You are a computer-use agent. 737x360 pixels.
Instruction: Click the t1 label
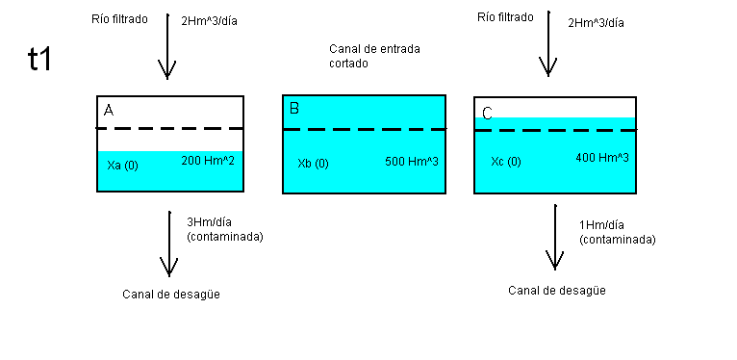click(x=39, y=59)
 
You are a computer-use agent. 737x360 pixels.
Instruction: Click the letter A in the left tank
click(x=109, y=112)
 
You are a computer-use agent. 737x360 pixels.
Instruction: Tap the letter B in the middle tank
click(x=294, y=109)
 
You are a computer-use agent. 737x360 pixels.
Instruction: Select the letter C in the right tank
click(x=487, y=114)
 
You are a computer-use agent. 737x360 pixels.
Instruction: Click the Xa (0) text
click(x=123, y=166)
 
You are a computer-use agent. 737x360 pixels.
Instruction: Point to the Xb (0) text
click(x=314, y=163)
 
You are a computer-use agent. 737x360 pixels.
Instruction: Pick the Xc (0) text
click(x=506, y=161)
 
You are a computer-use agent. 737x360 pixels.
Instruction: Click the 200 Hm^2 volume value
click(x=208, y=161)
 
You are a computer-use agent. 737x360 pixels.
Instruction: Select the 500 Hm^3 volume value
click(x=412, y=161)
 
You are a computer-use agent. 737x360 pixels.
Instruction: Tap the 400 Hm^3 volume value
click(x=602, y=157)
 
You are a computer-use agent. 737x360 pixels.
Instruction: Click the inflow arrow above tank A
click(x=167, y=53)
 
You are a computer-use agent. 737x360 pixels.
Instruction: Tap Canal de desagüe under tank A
click(x=172, y=295)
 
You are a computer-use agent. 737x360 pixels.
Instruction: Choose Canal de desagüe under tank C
click(x=557, y=290)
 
